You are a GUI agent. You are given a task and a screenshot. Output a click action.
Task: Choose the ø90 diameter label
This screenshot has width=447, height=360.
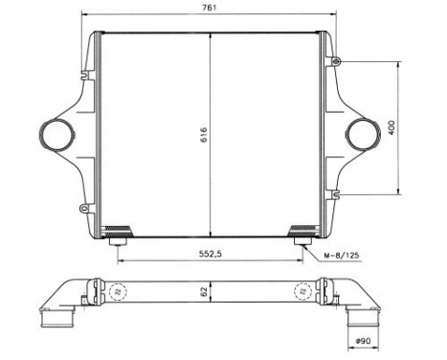click(365, 342)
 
